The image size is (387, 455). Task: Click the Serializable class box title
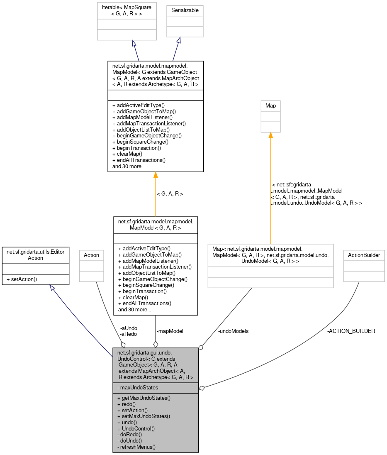185,10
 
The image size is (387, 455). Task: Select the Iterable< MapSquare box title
127,10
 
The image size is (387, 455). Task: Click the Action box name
91,255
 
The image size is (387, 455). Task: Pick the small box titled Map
270,106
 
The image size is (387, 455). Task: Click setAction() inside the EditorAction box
22,279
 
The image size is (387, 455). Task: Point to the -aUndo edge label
128,328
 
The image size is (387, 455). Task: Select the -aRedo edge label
128,334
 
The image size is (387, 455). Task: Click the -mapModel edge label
170,331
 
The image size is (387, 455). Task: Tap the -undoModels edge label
233,331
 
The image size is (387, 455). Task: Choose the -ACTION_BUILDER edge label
351,331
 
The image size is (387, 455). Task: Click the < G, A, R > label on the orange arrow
170,194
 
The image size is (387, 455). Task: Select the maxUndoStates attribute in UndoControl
137,387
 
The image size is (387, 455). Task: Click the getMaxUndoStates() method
144,398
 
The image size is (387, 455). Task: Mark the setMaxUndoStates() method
144,416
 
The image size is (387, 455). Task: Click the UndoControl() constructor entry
136,428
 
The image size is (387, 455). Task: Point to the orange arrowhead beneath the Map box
270,136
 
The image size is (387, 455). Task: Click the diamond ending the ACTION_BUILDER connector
202,388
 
